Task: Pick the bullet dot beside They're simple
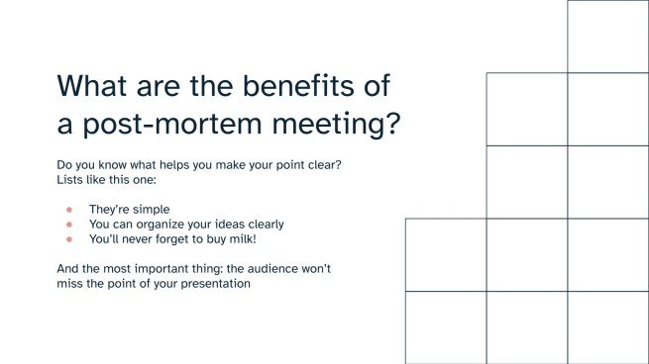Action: coord(68,210)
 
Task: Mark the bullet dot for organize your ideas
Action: coord(68,225)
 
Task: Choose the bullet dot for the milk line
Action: coord(68,239)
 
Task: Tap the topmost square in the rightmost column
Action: coord(607,36)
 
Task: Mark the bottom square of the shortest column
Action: coord(445,327)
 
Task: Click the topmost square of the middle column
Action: coord(526,109)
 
